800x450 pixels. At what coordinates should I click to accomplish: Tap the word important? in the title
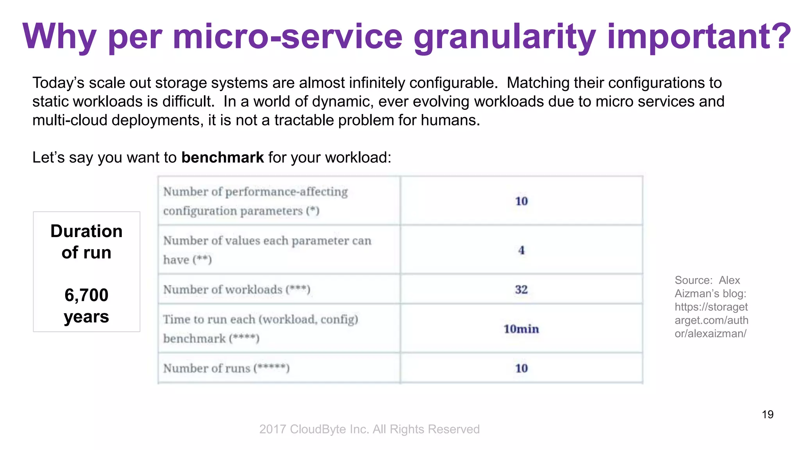699,37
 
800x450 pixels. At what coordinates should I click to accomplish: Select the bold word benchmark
223,157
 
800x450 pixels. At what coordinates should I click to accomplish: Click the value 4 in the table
521,250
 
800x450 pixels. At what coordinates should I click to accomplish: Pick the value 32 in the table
521,289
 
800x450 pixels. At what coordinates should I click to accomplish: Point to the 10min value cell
521,329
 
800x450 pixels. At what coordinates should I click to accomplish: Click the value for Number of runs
521,368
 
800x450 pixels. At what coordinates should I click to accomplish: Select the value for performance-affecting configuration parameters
521,201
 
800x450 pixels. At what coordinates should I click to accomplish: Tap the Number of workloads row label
237,289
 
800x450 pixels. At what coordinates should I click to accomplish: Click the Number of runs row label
226,368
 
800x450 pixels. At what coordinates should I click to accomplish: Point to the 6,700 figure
86,295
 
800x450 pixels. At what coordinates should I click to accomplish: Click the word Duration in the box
86,231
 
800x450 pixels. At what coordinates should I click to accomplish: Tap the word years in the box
86,316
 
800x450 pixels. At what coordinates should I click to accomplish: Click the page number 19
768,414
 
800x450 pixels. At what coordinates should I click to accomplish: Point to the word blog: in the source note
733,293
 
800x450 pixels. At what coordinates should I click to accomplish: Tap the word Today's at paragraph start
58,83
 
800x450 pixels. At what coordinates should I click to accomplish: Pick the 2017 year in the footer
273,429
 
